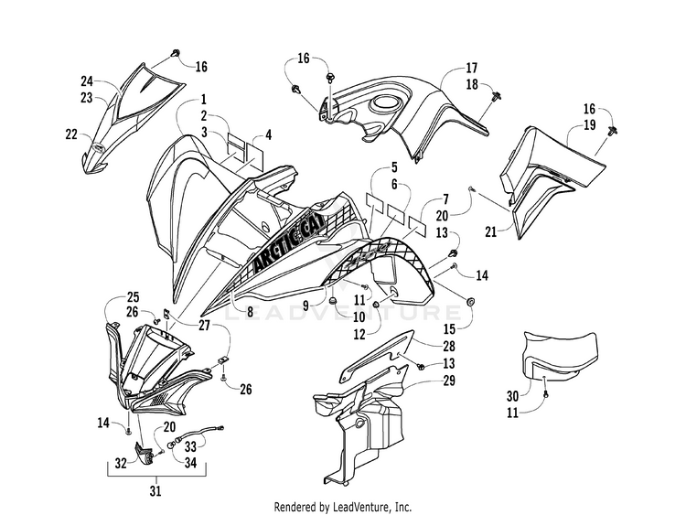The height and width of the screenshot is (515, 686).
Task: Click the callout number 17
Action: click(x=472, y=69)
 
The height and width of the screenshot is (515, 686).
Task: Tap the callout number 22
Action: click(x=71, y=134)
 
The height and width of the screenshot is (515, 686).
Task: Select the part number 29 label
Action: click(x=449, y=381)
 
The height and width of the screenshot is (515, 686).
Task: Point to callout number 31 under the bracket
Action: click(x=155, y=491)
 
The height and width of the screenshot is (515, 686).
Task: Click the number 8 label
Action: click(x=250, y=312)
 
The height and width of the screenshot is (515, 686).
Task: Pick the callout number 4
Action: click(x=269, y=134)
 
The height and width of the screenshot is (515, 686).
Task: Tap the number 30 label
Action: click(x=513, y=396)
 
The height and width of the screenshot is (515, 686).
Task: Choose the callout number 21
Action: click(x=491, y=231)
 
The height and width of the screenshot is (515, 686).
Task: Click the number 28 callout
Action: click(x=449, y=346)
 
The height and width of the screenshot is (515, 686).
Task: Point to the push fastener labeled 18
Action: click(x=497, y=96)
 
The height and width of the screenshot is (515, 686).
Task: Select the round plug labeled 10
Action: click(x=333, y=301)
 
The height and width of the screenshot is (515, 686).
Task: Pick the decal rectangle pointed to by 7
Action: click(x=417, y=222)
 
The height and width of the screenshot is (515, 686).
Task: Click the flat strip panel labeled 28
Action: click(x=377, y=355)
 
